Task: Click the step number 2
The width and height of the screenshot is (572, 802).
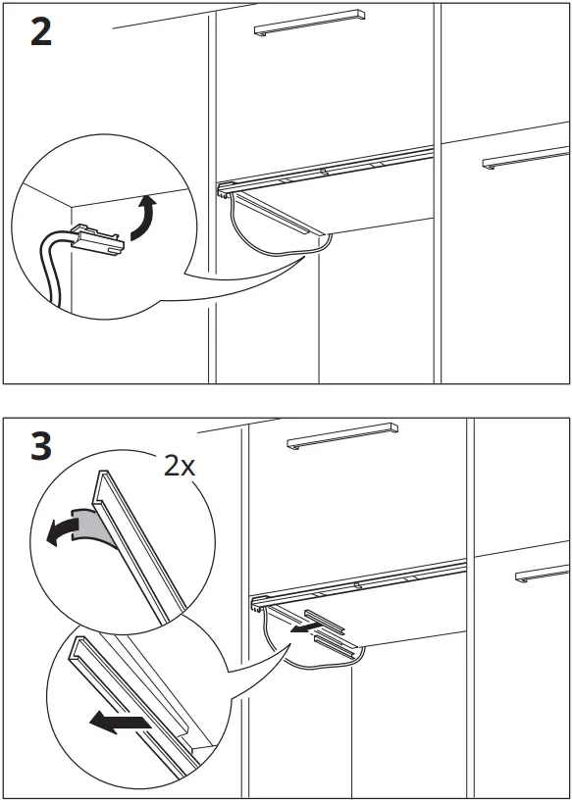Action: pos(40,33)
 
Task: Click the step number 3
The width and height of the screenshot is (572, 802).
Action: pos(40,447)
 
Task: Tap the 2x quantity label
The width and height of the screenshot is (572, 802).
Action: pos(180,465)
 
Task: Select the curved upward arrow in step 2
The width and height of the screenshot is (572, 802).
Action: pos(143,217)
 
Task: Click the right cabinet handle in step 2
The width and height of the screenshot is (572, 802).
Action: pos(525,157)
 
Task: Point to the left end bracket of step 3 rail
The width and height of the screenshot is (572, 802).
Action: pos(258,606)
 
